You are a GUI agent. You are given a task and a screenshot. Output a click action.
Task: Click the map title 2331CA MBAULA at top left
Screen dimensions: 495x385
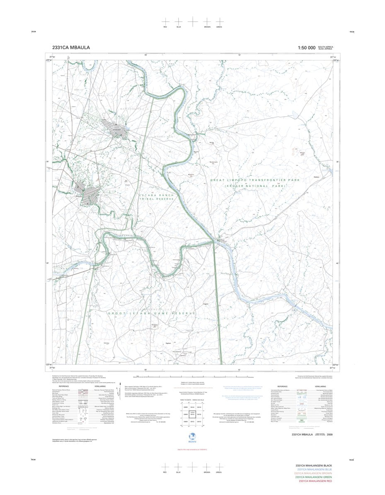point(71,48)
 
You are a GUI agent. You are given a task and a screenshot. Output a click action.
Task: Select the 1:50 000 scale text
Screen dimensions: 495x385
point(306,48)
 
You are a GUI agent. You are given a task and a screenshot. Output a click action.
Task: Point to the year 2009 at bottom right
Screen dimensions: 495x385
point(329,434)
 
